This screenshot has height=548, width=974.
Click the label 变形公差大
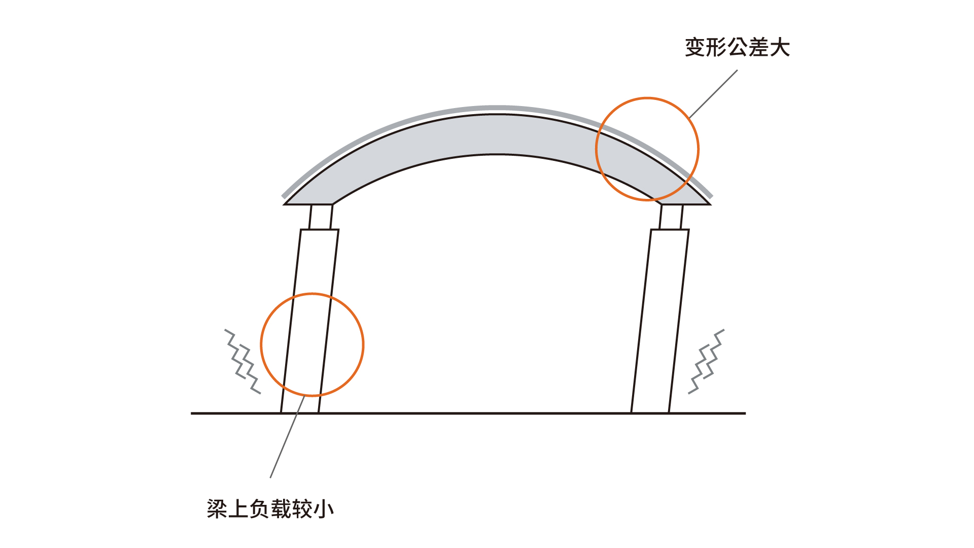[737, 48]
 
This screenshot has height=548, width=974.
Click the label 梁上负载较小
[270, 509]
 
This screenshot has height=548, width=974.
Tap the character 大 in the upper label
[780, 48]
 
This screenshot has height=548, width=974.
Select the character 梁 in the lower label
[217, 509]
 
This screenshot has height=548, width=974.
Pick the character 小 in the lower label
[324, 509]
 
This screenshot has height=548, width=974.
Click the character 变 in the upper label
[695, 48]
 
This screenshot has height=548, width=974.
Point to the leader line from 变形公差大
[714, 94]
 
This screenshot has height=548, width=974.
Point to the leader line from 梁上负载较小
[287, 436]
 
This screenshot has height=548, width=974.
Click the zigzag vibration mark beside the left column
[243, 361]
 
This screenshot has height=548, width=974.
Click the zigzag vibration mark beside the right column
[706, 361]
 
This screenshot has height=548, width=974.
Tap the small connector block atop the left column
[321, 217]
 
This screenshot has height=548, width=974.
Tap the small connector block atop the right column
[671, 217]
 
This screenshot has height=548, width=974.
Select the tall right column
[660, 321]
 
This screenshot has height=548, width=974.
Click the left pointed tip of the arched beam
[285, 204]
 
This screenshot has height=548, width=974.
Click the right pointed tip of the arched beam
[710, 204]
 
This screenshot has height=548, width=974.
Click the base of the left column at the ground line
[300, 413]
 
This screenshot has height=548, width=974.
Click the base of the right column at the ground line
[650, 413]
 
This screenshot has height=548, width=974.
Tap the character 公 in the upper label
[737, 48]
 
